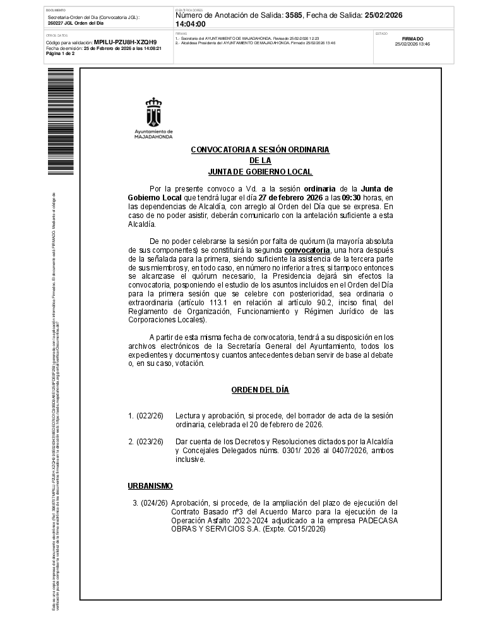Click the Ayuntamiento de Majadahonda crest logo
point(154,113)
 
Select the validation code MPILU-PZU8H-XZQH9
point(125,42)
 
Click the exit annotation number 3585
point(294,15)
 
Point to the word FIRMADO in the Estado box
point(412,39)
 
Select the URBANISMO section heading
point(150,485)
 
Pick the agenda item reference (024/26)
point(154,503)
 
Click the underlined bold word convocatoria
point(307,250)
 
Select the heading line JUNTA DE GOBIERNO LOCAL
point(260,172)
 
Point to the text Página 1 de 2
point(61,54)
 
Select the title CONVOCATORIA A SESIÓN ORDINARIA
point(260,150)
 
